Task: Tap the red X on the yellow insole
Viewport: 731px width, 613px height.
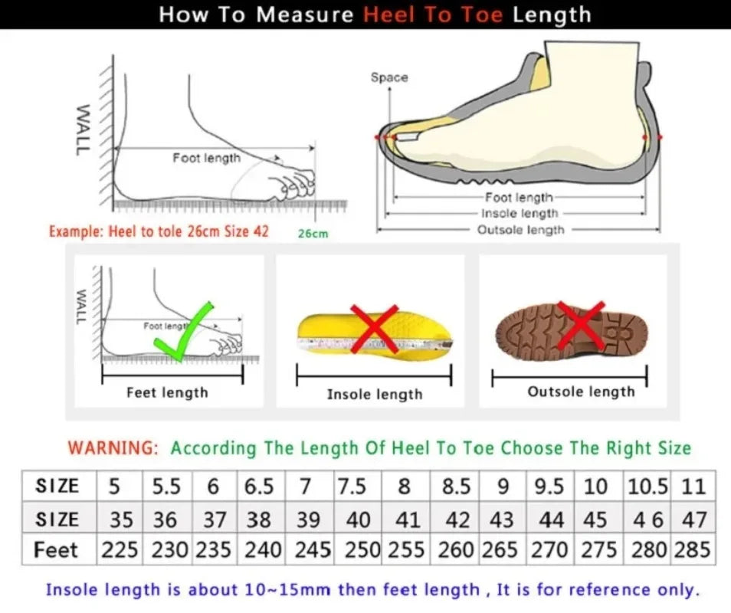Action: (x=375, y=329)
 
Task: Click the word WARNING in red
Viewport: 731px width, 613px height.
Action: (x=113, y=448)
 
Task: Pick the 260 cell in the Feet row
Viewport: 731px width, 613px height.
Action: (x=457, y=550)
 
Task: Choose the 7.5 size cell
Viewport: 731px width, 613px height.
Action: (x=358, y=487)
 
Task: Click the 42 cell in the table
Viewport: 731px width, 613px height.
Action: (x=457, y=520)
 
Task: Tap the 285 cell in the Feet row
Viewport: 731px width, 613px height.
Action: (x=694, y=550)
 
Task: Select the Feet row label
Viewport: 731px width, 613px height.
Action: (x=57, y=550)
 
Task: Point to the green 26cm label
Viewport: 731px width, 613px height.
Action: (x=313, y=233)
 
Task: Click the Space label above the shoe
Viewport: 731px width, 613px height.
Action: (x=389, y=77)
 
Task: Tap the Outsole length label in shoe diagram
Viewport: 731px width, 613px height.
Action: (x=520, y=230)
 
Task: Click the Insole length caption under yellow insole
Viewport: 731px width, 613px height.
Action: (x=375, y=394)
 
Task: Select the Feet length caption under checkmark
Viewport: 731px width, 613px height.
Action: (x=167, y=392)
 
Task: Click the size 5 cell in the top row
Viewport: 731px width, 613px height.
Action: (x=114, y=487)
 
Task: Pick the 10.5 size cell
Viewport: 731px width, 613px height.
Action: (x=648, y=487)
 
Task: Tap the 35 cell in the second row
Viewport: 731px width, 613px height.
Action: (x=121, y=520)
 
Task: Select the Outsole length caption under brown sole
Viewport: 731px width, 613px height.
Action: (x=581, y=392)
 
